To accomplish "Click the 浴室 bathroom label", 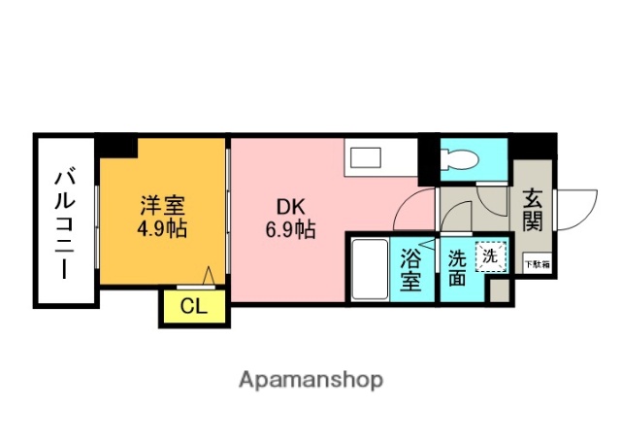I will click(x=410, y=269).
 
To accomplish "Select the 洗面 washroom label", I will click(x=456, y=269).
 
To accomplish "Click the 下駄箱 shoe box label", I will click(x=536, y=262).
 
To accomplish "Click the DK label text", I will click(x=289, y=206).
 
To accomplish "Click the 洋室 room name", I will click(x=162, y=206).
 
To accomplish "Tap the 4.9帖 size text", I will click(x=162, y=230).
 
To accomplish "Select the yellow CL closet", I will click(x=193, y=307).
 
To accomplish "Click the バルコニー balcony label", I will click(x=65, y=222).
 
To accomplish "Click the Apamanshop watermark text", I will click(x=310, y=379).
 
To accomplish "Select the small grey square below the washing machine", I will click(x=499, y=289).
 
